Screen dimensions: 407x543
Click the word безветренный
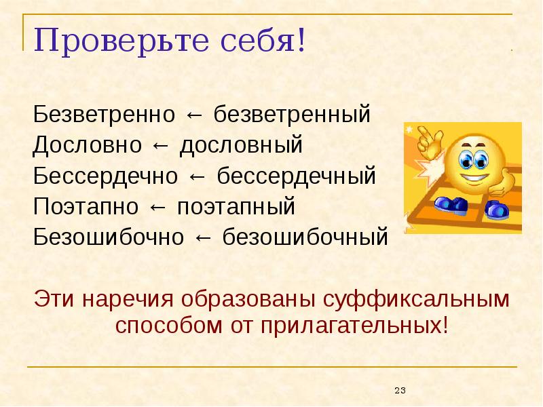click(293, 114)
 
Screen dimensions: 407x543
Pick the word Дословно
click(88, 145)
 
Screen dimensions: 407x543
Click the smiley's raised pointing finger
click(428, 136)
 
